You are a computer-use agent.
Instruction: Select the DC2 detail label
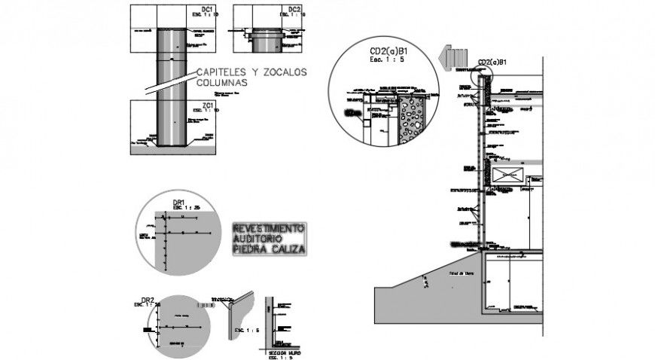pos(294,10)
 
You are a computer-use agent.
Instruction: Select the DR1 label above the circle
pos(179,202)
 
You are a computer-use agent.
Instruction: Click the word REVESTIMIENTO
pos(269,227)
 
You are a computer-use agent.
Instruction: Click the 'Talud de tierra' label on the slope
pos(458,273)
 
